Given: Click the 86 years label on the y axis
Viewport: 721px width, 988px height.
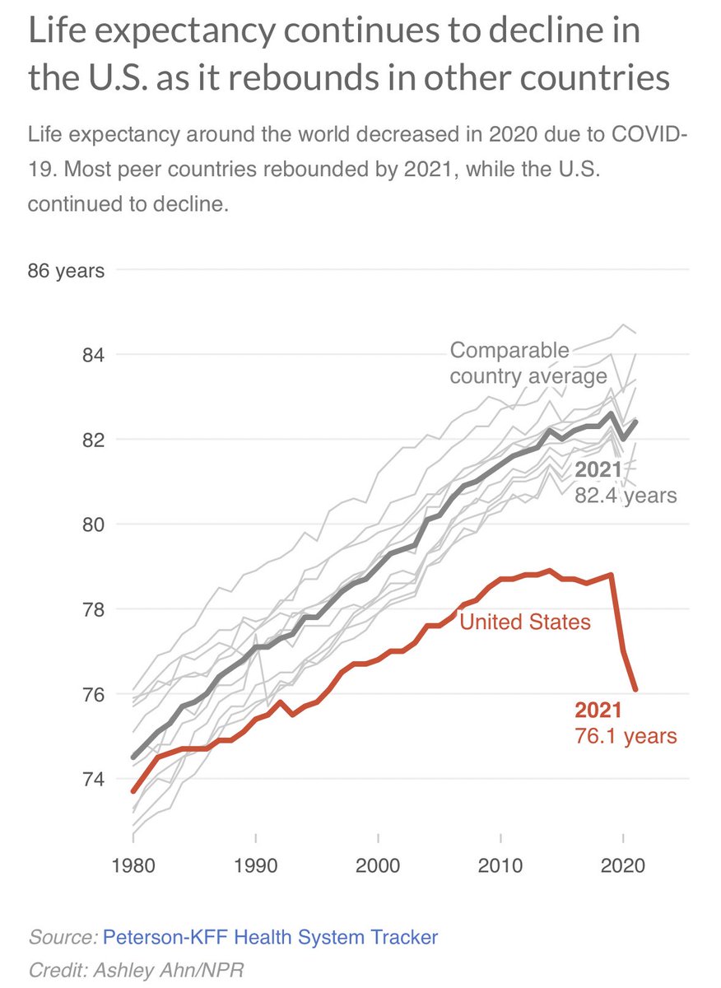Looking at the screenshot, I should click(x=66, y=270).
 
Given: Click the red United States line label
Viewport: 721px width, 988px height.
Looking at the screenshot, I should click(x=525, y=622).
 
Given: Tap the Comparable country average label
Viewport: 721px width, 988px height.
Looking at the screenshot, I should click(x=528, y=364).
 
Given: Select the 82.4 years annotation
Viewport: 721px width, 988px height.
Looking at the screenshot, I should click(x=625, y=496).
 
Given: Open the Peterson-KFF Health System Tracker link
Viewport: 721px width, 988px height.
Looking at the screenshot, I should click(x=271, y=936).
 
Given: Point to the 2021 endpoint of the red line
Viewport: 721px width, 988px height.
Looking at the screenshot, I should click(x=635, y=690).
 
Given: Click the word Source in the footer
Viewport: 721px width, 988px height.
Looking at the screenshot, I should click(x=63, y=936).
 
